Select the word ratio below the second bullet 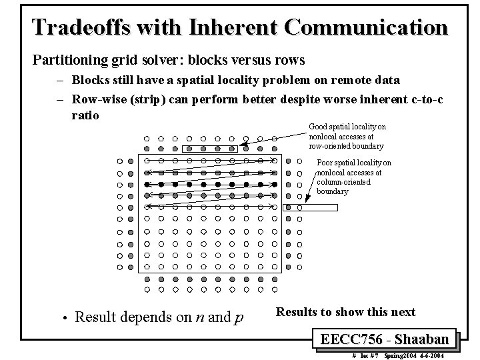tap(85, 115)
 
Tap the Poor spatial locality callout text tap(353, 177)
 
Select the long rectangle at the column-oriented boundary tap(311, 207)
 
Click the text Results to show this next tap(345, 312)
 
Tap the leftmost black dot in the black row tap(147, 183)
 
